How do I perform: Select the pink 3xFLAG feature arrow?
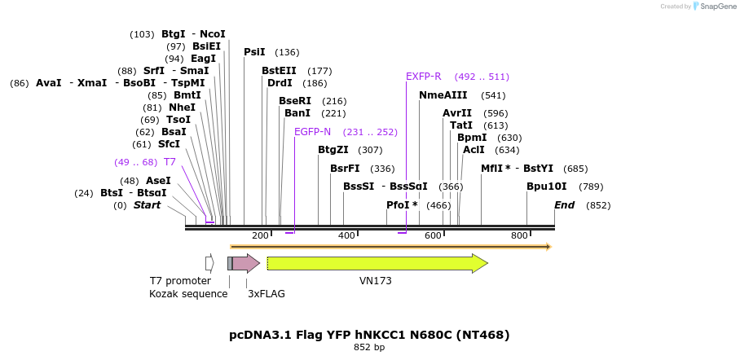(245, 263)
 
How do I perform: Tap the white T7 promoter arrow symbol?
(209, 263)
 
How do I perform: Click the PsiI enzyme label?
(254, 52)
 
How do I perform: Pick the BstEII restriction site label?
(279, 71)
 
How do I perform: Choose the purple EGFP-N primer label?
(312, 132)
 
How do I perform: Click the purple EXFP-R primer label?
(423, 77)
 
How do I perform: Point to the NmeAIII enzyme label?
(443, 95)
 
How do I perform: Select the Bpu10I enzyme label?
(546, 187)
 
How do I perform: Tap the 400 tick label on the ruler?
(346, 236)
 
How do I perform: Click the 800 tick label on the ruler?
(519, 236)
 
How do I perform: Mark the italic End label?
(564, 205)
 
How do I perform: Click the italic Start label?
(148, 205)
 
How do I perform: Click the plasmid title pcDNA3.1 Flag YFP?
(369, 335)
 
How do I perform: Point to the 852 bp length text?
(369, 348)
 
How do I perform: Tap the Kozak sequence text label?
(188, 294)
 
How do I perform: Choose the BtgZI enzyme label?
(333, 150)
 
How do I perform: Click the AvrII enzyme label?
(457, 113)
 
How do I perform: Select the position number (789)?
(591, 187)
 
